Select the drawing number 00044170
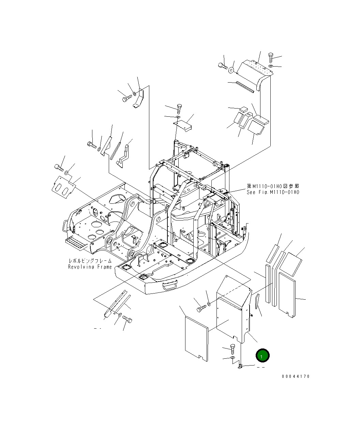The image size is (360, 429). coord(296,376)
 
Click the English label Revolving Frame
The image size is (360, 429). coord(90,267)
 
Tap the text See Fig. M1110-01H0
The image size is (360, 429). coord(273,192)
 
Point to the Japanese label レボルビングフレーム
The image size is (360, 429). coord(90,261)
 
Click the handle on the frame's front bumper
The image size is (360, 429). coord(170,284)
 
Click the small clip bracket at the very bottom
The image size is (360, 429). coord(240,367)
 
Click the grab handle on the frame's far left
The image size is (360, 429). coord(64,225)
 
